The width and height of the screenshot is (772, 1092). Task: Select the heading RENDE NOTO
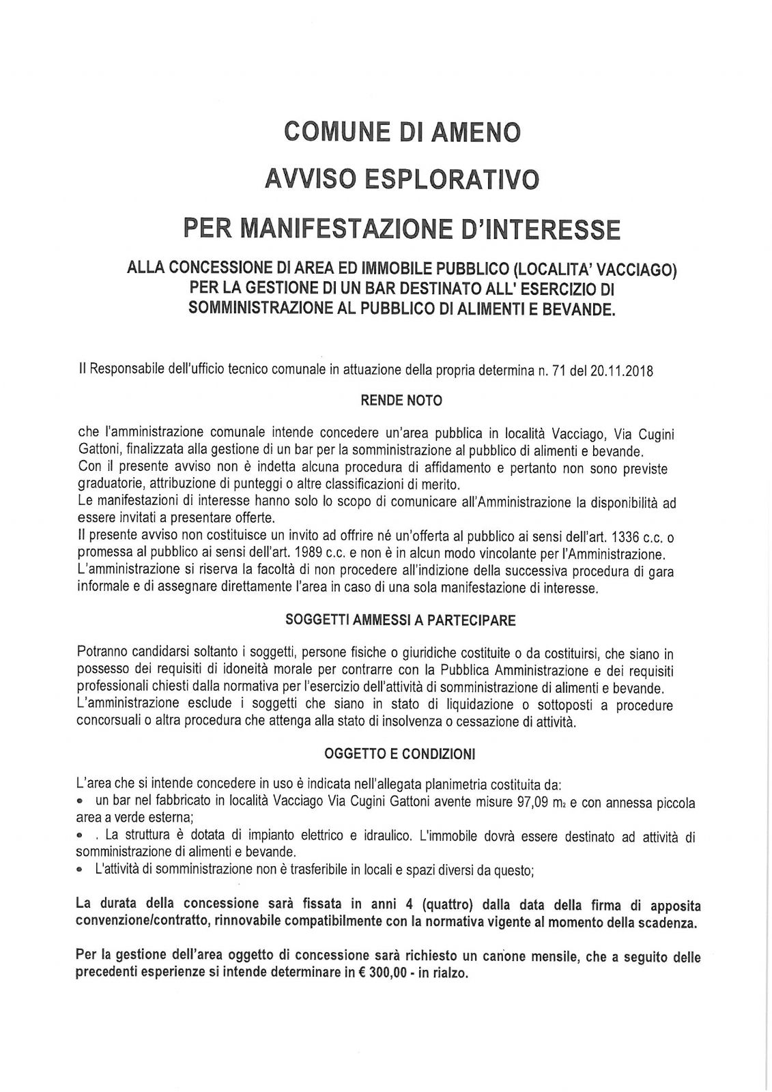click(x=401, y=401)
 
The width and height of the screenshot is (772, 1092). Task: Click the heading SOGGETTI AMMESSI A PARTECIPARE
click(x=401, y=620)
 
